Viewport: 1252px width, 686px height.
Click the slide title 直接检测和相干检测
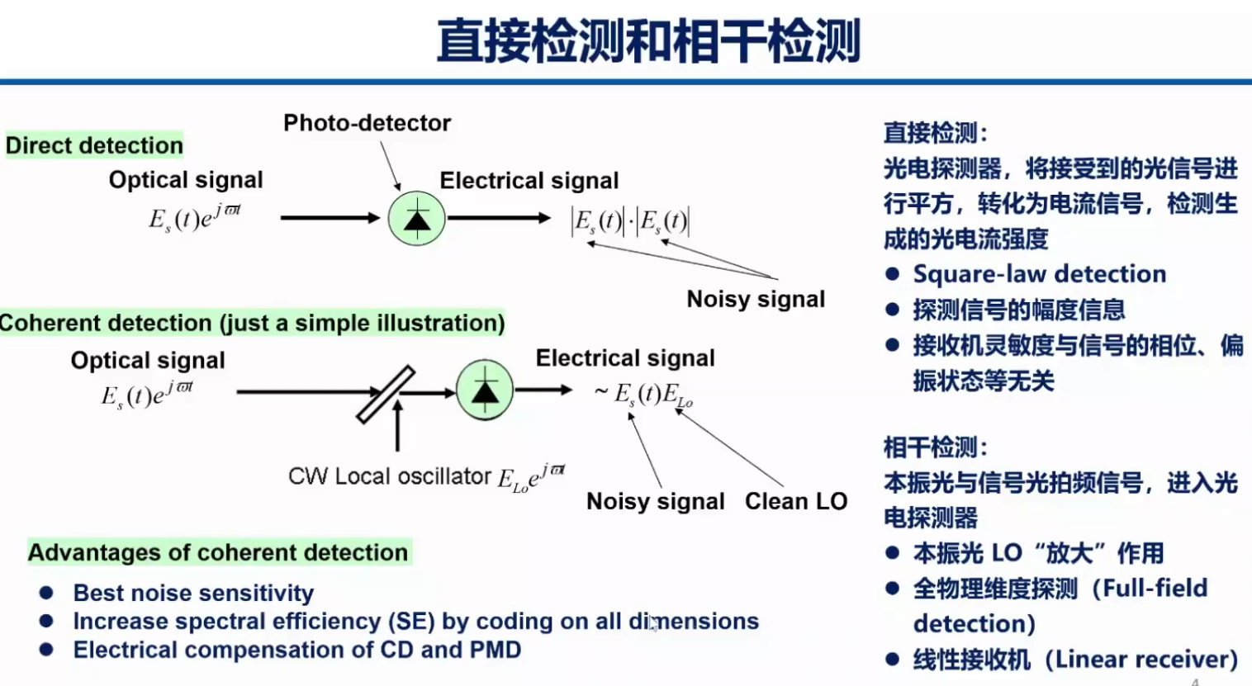648,41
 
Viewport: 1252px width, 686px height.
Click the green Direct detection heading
94,145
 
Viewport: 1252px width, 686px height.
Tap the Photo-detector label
367,123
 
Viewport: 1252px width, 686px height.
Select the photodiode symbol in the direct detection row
417,219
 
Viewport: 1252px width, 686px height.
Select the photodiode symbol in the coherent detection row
485,390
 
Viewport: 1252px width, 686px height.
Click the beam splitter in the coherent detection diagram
385,395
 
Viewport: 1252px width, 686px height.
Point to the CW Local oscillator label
389,476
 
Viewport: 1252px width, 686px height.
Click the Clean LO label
795,501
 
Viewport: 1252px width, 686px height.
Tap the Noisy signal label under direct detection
756,299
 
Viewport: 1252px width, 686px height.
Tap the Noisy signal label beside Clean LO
655,501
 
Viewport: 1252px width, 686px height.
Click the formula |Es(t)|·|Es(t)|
630,221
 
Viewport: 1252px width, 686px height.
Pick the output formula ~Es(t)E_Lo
644,395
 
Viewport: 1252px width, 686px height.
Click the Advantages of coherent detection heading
218,552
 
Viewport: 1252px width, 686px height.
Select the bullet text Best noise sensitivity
193,593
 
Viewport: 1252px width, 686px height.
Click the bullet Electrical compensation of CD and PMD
297,650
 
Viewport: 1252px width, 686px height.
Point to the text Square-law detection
1039,274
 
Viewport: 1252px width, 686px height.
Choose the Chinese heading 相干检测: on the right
935,447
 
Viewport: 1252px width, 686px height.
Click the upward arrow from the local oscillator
398,425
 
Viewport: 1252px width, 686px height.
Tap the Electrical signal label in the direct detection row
529,181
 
